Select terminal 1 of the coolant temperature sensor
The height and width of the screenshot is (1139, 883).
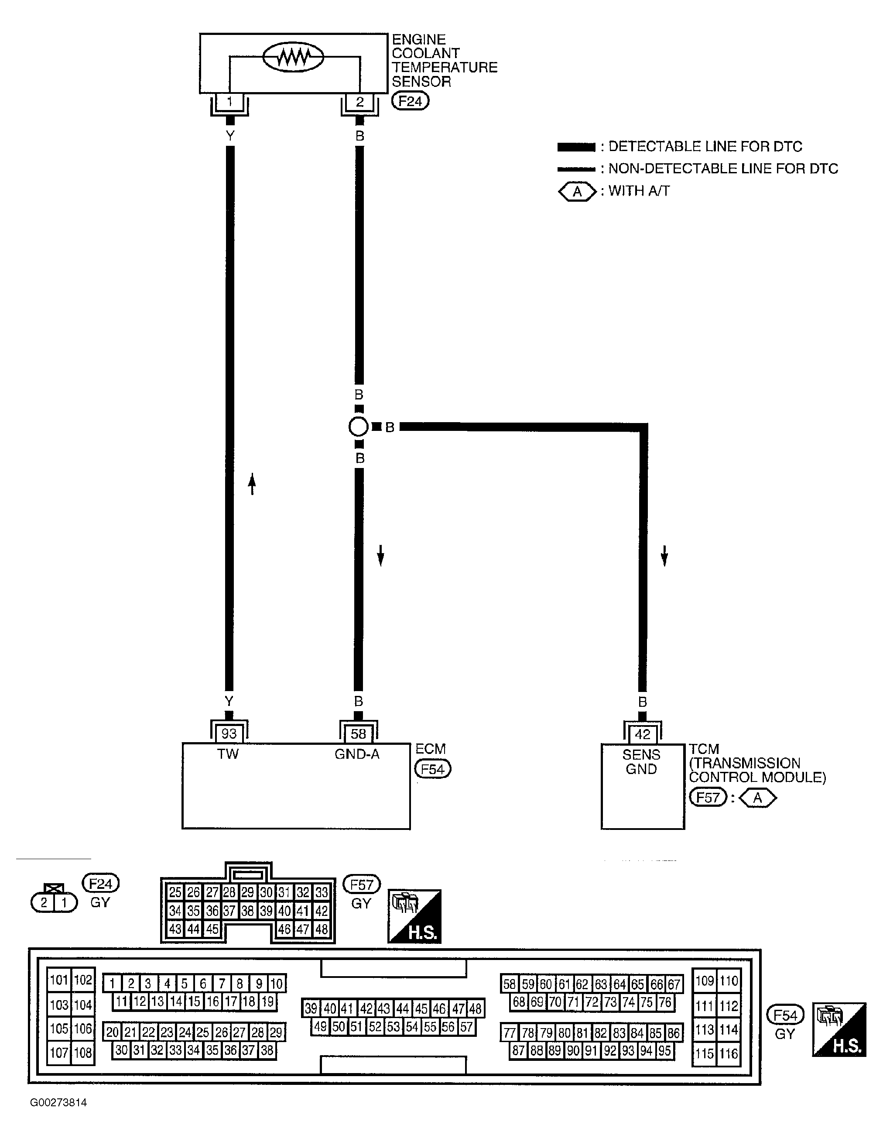(x=229, y=102)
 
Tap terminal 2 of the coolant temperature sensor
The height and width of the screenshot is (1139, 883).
(x=359, y=102)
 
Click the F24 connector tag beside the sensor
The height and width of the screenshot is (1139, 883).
(x=410, y=101)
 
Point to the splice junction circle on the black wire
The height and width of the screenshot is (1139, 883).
(x=358, y=427)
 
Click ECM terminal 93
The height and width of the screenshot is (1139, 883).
(x=229, y=734)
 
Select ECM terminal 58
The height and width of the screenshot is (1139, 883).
(x=358, y=734)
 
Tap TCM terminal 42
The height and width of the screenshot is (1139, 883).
(x=642, y=734)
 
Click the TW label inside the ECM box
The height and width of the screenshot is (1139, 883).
(x=228, y=754)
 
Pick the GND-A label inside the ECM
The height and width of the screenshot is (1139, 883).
(x=357, y=754)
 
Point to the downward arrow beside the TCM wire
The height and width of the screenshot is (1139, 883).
(x=664, y=555)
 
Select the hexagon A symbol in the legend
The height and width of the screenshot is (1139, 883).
(x=577, y=191)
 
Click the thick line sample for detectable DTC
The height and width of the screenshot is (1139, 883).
(x=576, y=147)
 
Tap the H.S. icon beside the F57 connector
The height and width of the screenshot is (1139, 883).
(x=414, y=916)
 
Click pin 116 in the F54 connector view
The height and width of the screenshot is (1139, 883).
(x=729, y=1053)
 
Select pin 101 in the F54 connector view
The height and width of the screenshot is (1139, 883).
(x=59, y=980)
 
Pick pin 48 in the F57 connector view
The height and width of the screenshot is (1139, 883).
(x=322, y=929)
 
